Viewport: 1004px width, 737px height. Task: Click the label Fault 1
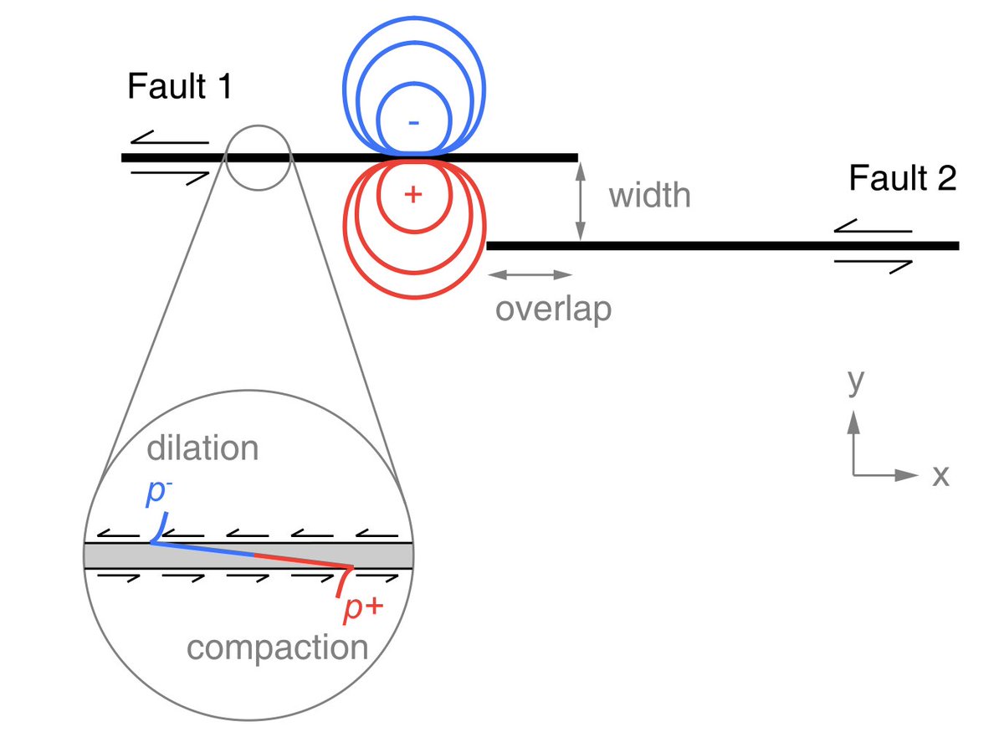(179, 88)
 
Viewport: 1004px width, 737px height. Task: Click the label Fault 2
(901, 178)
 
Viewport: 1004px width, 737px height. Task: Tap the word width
(649, 196)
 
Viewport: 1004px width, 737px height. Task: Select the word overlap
(553, 309)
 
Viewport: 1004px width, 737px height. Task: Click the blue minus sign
(413, 122)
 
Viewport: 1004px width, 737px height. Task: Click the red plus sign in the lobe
(411, 194)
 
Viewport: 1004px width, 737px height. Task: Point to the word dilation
(202, 448)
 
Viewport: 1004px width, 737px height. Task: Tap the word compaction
(277, 647)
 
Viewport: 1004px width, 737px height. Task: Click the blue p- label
(156, 494)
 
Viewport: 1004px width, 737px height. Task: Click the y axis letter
(854, 381)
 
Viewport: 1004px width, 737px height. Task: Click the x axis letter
(940, 475)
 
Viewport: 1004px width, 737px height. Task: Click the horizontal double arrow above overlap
(530, 274)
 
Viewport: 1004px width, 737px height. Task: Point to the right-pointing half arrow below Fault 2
(873, 264)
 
